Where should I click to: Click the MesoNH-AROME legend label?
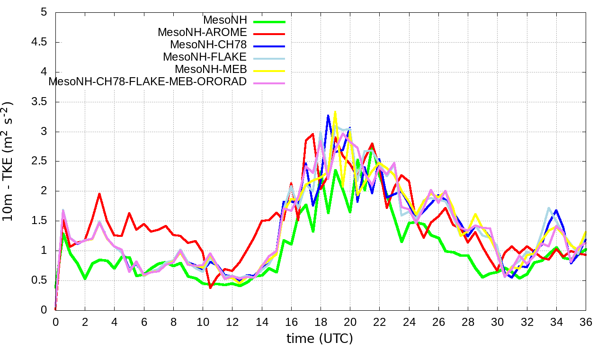[x=202, y=33]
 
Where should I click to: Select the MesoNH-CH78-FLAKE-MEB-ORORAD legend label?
[x=148, y=81]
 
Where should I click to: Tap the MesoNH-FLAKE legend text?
[x=205, y=57]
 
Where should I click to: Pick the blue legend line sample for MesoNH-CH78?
[x=269, y=46]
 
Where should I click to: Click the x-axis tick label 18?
[x=321, y=321]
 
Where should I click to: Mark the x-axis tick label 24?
[x=409, y=321]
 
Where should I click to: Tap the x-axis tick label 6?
[x=144, y=321]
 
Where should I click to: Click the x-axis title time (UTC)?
[x=320, y=339]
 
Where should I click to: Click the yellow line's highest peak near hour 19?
[x=335, y=112]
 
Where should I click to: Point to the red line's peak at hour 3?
[x=99, y=193]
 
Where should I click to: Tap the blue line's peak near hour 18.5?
[x=328, y=115]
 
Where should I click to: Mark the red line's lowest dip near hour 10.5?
[x=210, y=288]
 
